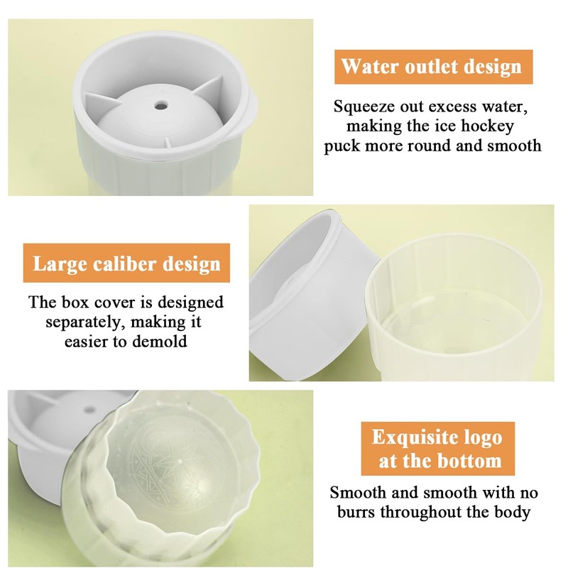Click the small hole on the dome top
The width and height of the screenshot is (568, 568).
point(162,105)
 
